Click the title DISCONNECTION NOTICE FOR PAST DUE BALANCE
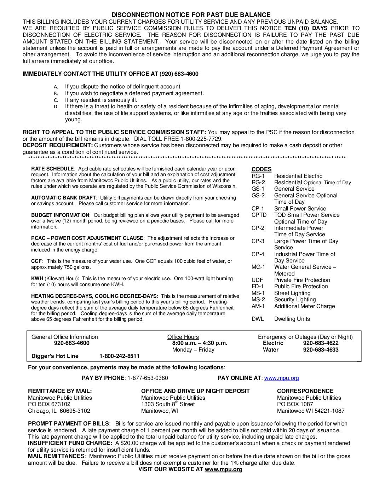(191, 15)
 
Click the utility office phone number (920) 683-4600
(179, 74)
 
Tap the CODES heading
(262, 169)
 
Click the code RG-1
(258, 176)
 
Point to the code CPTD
(259, 215)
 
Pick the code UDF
(257, 280)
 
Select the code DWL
(258, 319)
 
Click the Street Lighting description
(292, 293)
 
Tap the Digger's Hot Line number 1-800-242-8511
(119, 356)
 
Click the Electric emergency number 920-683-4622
(321, 343)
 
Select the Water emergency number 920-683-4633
(321, 350)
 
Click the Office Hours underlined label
(183, 337)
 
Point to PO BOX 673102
(49, 404)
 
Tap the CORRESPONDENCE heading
(305, 391)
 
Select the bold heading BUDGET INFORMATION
(60, 215)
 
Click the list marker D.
(56, 106)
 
